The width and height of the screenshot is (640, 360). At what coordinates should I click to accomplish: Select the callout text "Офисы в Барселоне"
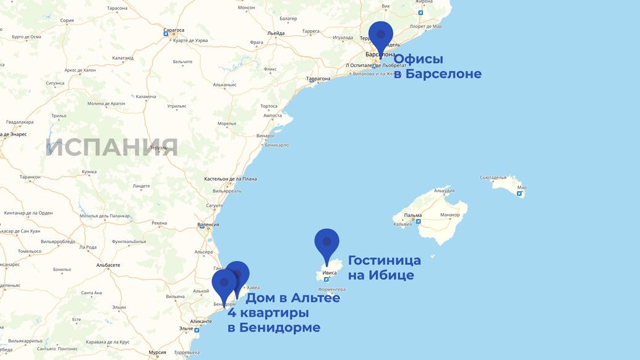437,67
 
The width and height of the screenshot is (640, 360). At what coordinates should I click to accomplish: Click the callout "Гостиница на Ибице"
384,268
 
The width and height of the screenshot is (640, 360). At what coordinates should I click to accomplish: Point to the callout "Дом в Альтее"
293,298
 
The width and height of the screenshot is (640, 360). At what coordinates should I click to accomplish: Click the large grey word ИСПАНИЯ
112,147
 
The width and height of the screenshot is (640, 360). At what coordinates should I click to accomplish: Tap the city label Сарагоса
174,30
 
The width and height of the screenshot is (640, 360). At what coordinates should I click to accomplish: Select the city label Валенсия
208,225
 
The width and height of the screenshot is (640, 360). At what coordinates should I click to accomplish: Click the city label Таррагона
318,79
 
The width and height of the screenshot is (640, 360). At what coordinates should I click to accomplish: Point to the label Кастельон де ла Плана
231,179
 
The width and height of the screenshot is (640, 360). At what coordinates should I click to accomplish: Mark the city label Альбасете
108,265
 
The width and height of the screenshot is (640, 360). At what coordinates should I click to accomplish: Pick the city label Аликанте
201,322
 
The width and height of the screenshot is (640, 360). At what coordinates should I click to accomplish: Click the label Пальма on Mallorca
413,215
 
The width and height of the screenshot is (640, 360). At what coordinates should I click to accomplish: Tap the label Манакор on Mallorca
450,215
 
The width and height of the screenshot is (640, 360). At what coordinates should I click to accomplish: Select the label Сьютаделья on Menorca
493,178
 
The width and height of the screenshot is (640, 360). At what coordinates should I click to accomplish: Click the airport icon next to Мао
520,194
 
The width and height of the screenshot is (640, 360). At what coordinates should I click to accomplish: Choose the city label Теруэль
159,148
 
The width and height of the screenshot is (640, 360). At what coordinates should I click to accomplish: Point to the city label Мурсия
158,353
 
